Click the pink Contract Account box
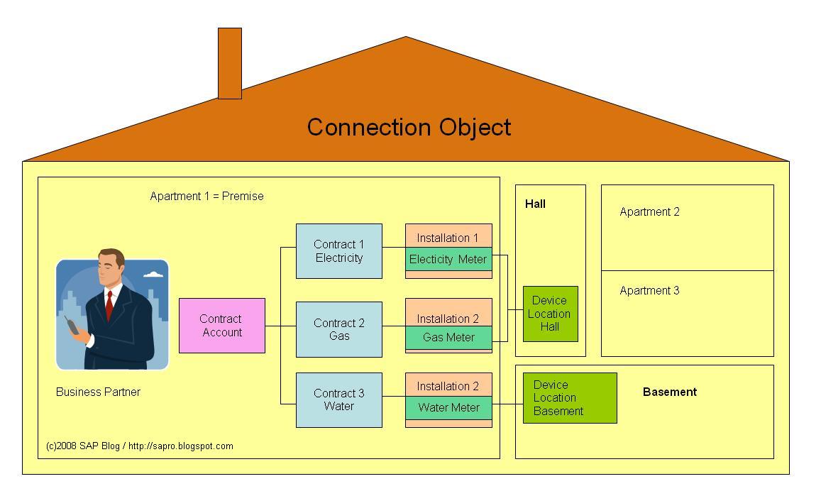coord(221,326)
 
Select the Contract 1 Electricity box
coord(338,251)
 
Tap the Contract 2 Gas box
coord(338,329)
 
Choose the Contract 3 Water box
coord(338,399)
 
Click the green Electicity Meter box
coord(448,259)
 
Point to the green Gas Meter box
coord(448,338)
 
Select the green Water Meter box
coord(448,408)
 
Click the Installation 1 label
coord(448,238)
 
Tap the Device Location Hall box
coord(550,314)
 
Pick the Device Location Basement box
coord(569,397)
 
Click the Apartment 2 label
coord(649,211)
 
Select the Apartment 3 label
coord(649,290)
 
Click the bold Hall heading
coord(535,204)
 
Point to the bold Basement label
coord(669,392)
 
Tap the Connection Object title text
coord(409,127)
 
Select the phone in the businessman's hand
coord(71,326)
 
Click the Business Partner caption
coord(98,392)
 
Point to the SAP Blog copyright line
coord(139,446)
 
